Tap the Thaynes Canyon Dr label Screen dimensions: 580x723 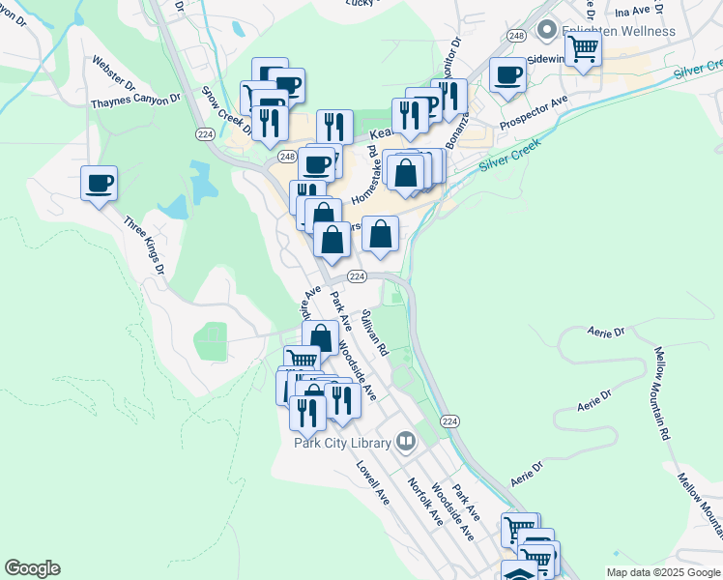point(135,101)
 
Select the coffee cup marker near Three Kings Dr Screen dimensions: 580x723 point(99,183)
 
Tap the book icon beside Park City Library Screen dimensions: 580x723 point(407,442)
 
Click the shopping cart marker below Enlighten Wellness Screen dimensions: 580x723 point(583,47)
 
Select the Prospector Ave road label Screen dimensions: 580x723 point(535,114)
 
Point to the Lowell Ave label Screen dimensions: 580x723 point(371,482)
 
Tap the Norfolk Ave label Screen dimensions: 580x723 point(423,501)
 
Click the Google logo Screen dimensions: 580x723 point(32,568)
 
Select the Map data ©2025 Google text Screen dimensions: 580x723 point(662,572)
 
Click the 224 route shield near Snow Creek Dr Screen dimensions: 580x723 point(204,133)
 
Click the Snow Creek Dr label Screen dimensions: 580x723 point(225,112)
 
